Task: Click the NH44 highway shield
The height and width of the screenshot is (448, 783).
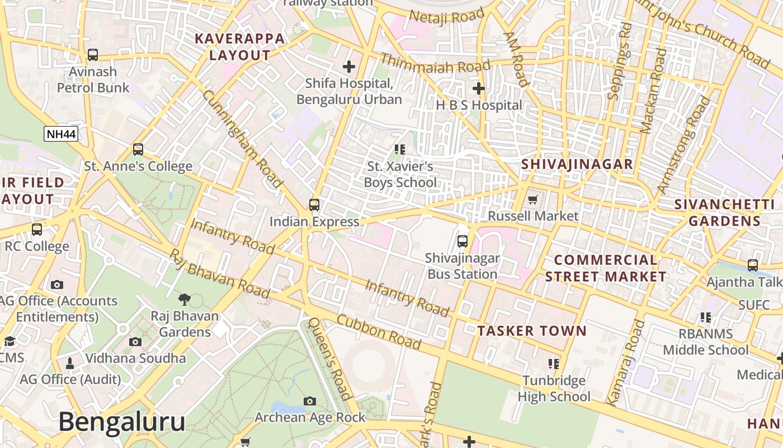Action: [61, 134]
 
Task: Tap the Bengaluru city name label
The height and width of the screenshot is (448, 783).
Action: [121, 421]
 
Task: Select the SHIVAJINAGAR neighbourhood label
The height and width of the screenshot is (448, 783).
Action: [577, 164]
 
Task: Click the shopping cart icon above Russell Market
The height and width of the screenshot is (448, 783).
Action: [533, 199]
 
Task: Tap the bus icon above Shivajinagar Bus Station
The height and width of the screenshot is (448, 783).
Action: [463, 241]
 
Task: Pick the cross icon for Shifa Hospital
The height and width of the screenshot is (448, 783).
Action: [349, 67]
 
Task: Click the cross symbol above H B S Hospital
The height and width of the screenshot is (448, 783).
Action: [479, 88]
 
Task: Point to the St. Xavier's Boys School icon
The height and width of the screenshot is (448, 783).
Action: [400, 149]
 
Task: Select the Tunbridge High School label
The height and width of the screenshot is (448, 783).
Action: [554, 389]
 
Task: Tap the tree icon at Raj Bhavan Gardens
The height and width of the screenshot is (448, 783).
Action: [184, 300]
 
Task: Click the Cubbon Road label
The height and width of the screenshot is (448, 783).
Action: [379, 332]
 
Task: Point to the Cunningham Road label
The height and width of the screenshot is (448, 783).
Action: [242, 138]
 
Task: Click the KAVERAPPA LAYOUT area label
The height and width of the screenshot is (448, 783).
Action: [240, 47]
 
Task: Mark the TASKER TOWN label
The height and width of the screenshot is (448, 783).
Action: [532, 331]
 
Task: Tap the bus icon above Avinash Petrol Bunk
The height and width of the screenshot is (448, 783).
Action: [93, 55]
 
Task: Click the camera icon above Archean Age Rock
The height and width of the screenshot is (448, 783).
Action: [310, 401]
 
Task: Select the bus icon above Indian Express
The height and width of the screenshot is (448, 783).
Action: [314, 205]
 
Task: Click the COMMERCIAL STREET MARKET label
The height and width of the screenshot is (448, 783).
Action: [606, 268]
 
